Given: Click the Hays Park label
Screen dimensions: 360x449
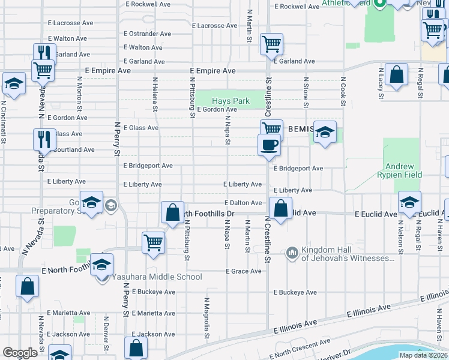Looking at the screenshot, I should [231, 101].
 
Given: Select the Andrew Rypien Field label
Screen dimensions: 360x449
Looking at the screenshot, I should [403, 170].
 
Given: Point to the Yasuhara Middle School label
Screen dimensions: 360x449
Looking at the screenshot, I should [156, 277].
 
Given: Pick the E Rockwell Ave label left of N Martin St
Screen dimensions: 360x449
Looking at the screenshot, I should [148, 4].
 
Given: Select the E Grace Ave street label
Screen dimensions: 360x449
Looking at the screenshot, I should [244, 271].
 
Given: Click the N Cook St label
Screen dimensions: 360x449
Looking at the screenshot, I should [343, 91].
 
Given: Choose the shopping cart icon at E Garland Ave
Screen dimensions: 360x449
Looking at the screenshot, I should [271, 44].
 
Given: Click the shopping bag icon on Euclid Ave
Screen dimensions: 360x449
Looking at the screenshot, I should [280, 208].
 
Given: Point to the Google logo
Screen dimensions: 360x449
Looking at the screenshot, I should [20, 353].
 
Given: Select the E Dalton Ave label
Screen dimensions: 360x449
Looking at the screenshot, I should [243, 203].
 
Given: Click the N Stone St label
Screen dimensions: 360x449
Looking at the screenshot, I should [306, 92].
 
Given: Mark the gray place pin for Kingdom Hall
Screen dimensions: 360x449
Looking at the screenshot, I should [292, 251].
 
